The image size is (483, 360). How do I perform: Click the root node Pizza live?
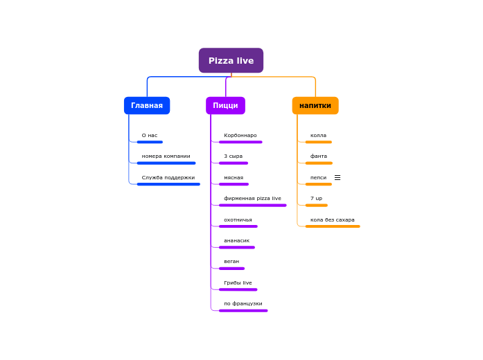click(x=231, y=60)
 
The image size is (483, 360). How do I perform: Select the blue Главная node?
click(x=147, y=105)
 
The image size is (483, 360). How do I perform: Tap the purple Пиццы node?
click(x=225, y=105)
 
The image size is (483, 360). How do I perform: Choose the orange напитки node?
click(x=315, y=105)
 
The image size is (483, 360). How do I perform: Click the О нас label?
click(x=150, y=136)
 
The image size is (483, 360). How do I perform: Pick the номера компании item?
click(x=166, y=156)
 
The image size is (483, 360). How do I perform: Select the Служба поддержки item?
click(x=168, y=178)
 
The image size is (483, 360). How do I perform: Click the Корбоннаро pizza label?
click(x=240, y=136)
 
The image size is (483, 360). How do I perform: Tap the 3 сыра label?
click(x=234, y=156)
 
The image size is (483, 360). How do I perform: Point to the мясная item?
click(x=234, y=178)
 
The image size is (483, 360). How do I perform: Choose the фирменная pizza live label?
click(x=252, y=199)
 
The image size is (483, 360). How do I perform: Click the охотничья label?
click(x=238, y=220)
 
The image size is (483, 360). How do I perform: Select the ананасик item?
click(x=237, y=241)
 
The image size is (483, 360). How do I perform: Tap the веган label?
click(x=231, y=262)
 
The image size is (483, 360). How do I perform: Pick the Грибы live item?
click(x=238, y=283)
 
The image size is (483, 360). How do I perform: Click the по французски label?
click(x=243, y=304)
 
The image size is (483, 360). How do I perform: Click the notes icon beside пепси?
click(x=337, y=178)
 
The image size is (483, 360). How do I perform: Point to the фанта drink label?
click(x=319, y=156)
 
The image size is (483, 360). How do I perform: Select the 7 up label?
click(x=316, y=199)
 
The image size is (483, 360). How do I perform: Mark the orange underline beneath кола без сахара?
click(x=333, y=226)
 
